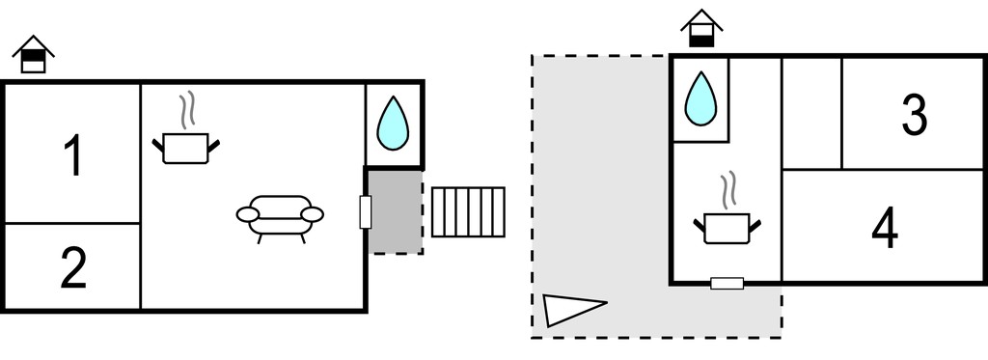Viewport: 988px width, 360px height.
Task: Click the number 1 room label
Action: [x=73, y=156]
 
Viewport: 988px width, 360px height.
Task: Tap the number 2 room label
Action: [x=73, y=268]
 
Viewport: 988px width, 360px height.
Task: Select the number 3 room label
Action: [x=915, y=115]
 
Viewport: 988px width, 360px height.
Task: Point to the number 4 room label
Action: [x=885, y=229]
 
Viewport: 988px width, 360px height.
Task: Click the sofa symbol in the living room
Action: [x=280, y=218]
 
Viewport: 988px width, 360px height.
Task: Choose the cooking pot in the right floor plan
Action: [x=727, y=228]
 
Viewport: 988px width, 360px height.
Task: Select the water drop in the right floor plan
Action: [x=700, y=98]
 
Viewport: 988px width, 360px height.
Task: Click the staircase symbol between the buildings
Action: [x=468, y=211]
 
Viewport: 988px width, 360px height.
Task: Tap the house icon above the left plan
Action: [x=34, y=54]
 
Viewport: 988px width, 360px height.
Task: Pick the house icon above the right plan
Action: [x=701, y=28]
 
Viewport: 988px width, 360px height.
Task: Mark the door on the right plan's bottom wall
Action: [x=727, y=283]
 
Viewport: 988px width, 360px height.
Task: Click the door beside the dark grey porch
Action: [x=366, y=211]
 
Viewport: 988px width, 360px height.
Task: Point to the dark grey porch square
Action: [x=395, y=211]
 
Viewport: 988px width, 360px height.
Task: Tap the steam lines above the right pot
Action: [x=727, y=190]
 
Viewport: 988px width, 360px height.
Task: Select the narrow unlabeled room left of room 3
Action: [x=811, y=114]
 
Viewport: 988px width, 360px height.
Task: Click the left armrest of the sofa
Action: [x=247, y=215]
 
